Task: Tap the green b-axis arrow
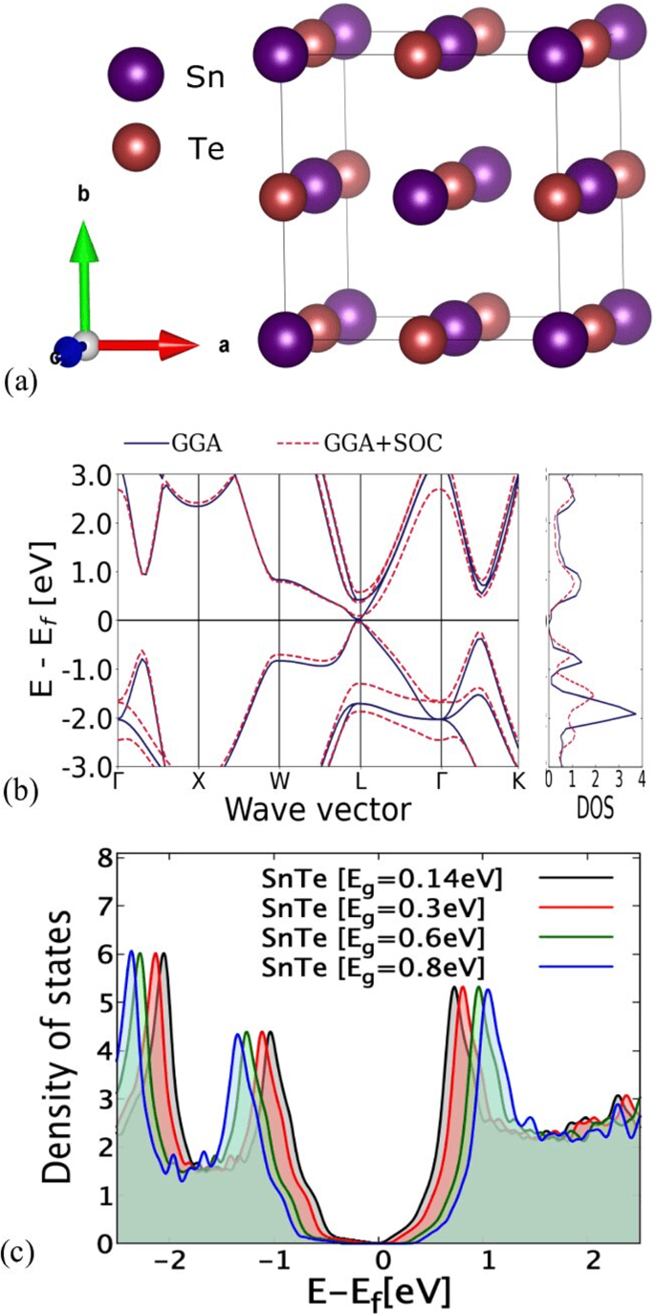pos(85,273)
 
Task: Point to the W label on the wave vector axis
pos(278,779)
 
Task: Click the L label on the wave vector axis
pos(360,779)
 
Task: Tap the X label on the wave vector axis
pos(198,779)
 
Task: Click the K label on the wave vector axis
pos(518,779)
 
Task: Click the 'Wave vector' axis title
pos(318,809)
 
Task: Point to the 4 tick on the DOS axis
pos(641,779)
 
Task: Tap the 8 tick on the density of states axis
pos(96,855)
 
